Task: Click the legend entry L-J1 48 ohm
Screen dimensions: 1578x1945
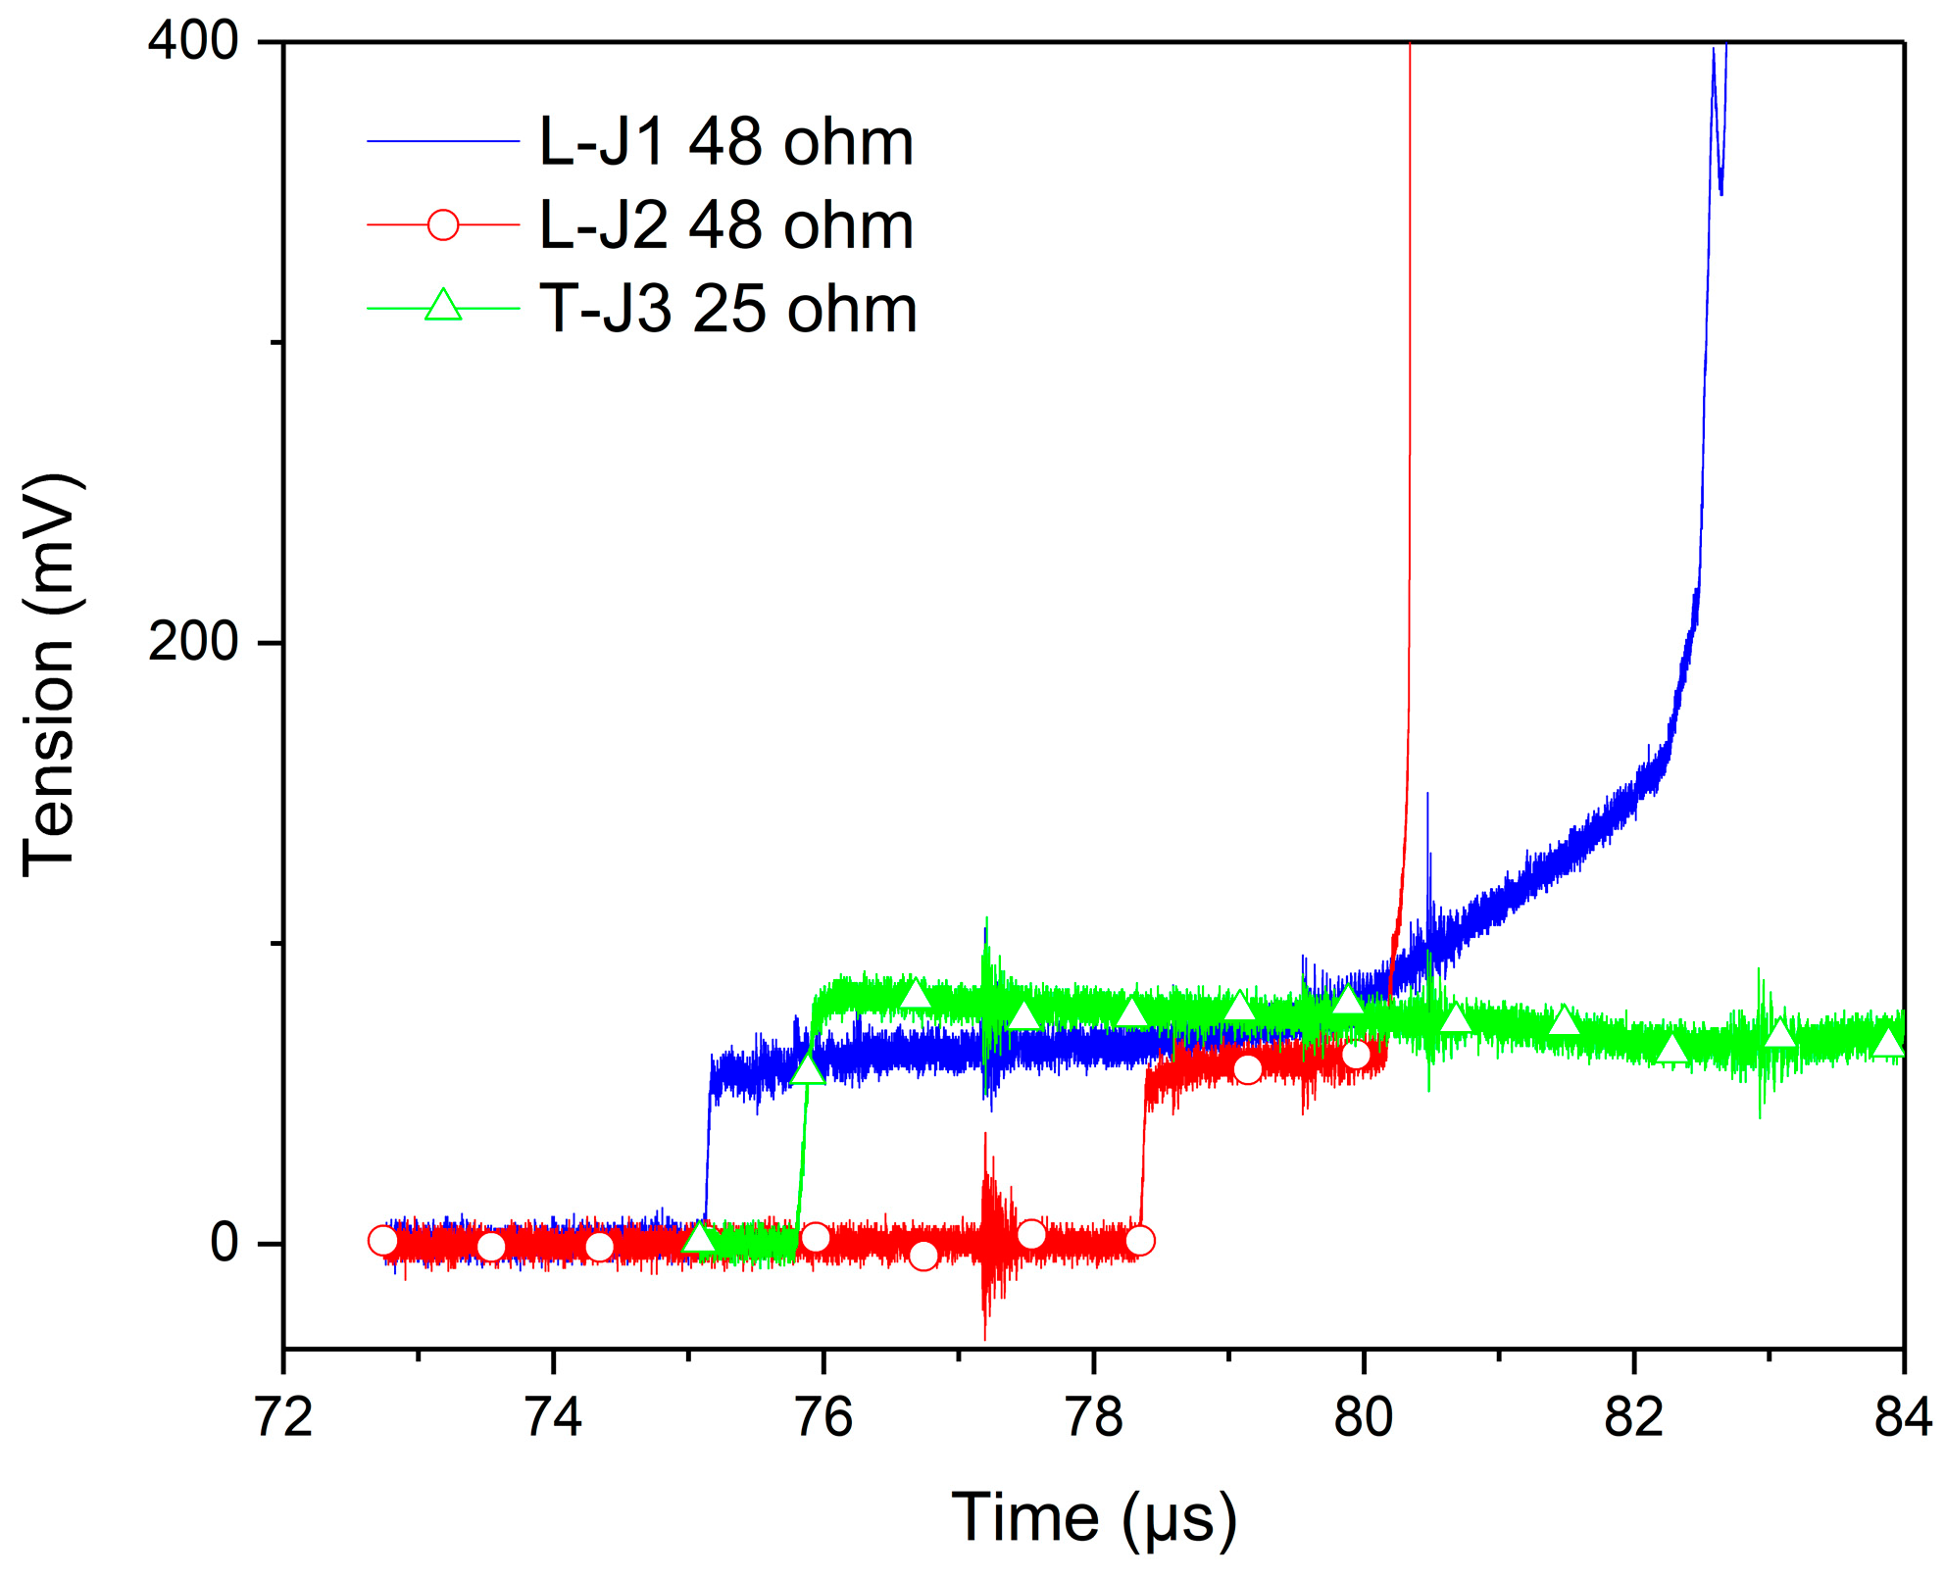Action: coord(725,143)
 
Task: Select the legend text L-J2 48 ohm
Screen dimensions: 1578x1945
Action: coord(725,226)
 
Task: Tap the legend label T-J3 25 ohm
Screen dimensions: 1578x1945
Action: coord(727,310)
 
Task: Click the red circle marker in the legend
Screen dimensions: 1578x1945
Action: coord(443,225)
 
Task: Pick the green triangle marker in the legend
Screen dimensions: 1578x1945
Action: coord(443,306)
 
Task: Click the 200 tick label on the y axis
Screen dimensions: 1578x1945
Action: coord(193,643)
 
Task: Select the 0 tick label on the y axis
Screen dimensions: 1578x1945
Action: coord(224,1243)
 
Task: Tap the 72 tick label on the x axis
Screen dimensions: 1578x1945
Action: coord(283,1418)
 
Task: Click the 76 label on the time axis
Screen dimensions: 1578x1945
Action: coord(823,1418)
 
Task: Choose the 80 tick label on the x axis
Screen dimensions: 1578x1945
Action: coord(1364,1418)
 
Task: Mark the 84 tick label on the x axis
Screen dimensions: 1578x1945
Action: coord(1903,1418)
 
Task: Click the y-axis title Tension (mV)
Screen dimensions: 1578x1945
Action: coord(49,676)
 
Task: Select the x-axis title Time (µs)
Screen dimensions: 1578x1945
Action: coord(1094,1518)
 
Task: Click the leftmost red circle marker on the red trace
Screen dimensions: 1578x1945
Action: coord(382,1241)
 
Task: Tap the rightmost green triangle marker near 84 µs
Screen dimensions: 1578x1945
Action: coord(1888,1043)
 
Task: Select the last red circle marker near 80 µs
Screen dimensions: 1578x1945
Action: coord(1355,1055)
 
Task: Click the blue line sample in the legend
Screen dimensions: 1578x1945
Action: coord(443,142)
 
